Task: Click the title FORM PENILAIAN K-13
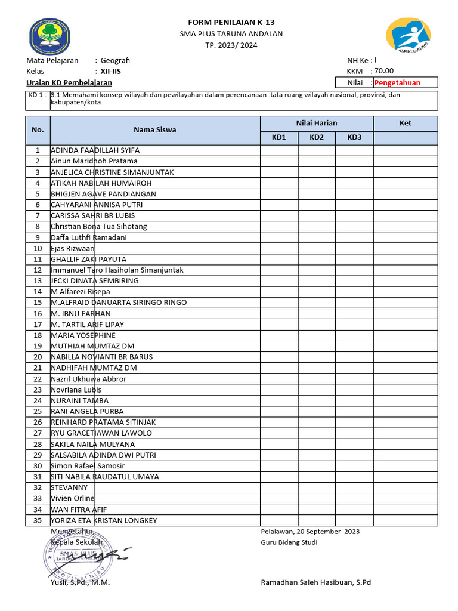(x=231, y=23)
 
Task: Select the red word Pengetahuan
(x=397, y=82)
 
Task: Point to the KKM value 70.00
(x=384, y=70)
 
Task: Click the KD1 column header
(x=279, y=138)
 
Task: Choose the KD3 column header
(x=354, y=138)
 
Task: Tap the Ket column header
(x=406, y=123)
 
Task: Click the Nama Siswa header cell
(x=154, y=129)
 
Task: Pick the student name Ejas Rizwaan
(x=73, y=248)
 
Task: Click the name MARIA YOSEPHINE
(x=83, y=335)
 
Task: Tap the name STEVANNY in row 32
(x=69, y=487)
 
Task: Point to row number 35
(x=38, y=520)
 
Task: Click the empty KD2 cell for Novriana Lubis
(x=317, y=390)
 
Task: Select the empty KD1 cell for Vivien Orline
(x=279, y=498)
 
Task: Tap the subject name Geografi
(x=115, y=60)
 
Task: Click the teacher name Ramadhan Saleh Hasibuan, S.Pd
(x=316, y=582)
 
